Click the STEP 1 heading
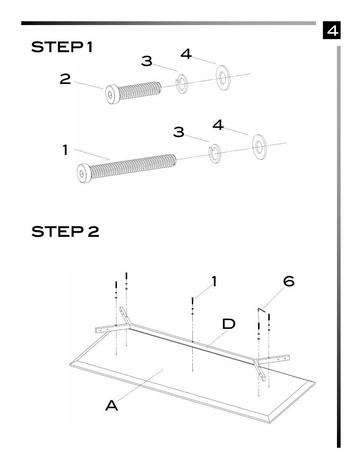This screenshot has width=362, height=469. pos(62,47)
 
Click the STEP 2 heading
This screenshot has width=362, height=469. pos(65,231)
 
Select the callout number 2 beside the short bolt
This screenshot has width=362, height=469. pos(65,79)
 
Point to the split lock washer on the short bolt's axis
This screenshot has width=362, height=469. pos(182,83)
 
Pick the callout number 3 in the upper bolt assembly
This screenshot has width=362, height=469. pos(146,61)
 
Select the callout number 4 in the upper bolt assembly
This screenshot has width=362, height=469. pos(186,54)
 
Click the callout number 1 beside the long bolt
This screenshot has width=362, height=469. pos(65,150)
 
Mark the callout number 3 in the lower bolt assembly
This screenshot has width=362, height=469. pos(179,132)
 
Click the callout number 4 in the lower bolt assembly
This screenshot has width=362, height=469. pos(218,125)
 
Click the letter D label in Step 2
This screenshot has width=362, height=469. pos(229,324)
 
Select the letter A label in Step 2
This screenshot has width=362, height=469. pos(112,406)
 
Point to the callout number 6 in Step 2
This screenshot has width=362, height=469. pos(289,281)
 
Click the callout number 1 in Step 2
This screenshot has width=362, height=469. pos(214,281)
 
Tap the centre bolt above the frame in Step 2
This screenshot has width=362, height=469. pos(193,303)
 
